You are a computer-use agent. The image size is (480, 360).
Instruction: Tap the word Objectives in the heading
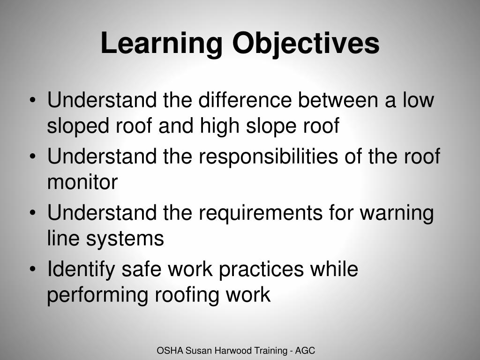click(306, 44)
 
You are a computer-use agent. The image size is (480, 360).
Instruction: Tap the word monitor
click(82, 183)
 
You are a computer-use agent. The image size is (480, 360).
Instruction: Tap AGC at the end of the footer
click(307, 351)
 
